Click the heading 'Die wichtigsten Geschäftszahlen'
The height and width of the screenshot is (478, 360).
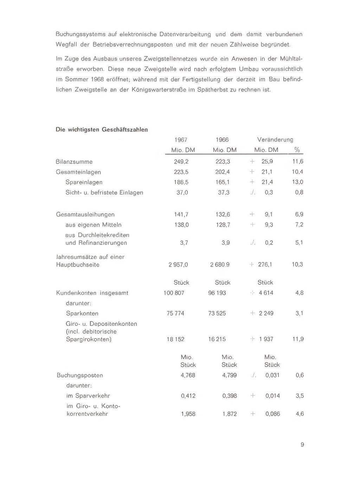click(102, 129)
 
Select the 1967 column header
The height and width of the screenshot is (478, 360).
click(181, 140)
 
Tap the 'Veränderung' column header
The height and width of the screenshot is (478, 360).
click(275, 140)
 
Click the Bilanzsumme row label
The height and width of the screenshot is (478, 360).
click(74, 162)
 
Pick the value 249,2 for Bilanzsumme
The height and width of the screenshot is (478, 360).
click(181, 162)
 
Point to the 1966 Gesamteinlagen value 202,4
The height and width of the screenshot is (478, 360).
click(223, 172)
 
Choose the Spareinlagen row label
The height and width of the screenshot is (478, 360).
click(84, 182)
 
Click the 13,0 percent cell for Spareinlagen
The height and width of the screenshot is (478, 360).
click(297, 182)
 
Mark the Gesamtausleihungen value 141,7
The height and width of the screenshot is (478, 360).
click(181, 215)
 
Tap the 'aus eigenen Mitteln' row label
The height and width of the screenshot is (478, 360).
click(94, 225)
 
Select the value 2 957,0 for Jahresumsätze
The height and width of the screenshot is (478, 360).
click(178, 265)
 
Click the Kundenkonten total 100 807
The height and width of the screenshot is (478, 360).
click(174, 293)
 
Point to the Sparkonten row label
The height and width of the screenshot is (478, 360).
click(82, 313)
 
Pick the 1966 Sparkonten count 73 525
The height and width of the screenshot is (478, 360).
click(217, 313)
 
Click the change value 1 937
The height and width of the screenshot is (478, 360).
click(266, 339)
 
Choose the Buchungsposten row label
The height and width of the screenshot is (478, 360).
click(80, 375)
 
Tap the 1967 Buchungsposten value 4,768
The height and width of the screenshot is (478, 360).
click(188, 375)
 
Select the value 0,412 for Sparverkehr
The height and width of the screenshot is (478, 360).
click(188, 396)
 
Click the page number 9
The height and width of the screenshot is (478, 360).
click(302, 445)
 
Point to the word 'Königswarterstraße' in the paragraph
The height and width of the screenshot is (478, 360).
click(159, 90)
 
